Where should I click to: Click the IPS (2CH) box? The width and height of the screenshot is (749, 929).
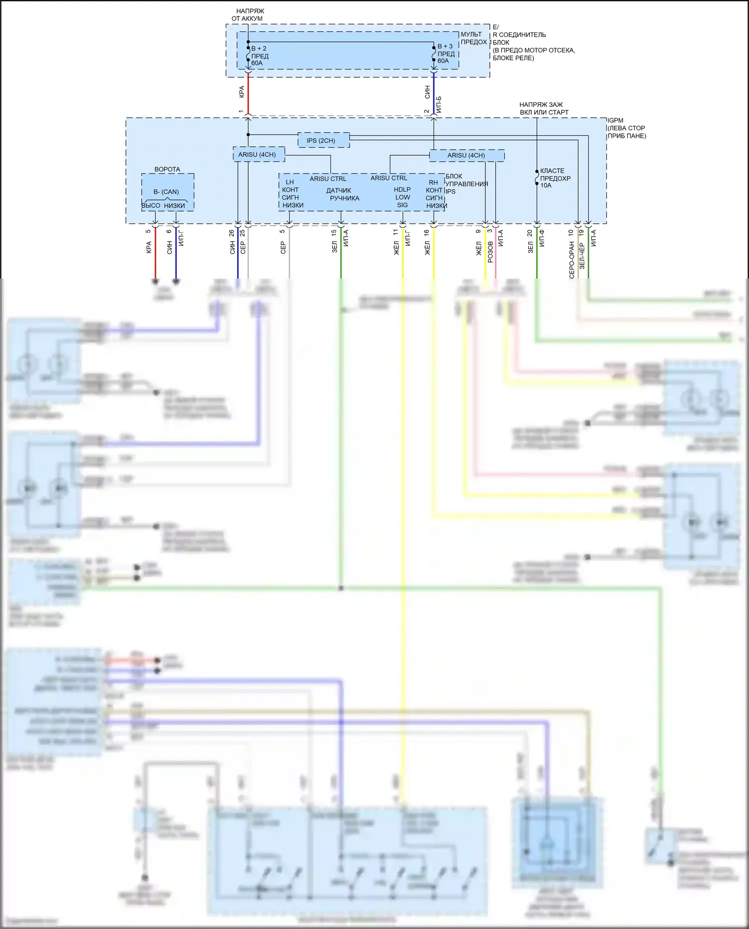(x=321, y=140)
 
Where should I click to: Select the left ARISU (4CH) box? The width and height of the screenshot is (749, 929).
(x=257, y=154)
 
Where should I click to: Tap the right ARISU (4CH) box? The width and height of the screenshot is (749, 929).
(x=466, y=155)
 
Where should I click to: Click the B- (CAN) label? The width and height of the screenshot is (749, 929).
(x=166, y=192)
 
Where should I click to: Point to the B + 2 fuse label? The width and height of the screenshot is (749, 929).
(x=259, y=48)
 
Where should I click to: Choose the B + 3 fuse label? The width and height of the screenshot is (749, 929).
(x=445, y=46)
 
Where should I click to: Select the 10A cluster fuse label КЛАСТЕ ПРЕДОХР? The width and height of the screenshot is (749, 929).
(x=555, y=178)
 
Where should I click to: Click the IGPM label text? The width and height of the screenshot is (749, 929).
(x=615, y=120)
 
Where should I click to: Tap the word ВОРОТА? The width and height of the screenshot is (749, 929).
(x=167, y=169)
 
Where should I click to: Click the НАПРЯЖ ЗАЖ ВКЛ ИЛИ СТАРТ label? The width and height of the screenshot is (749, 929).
(x=543, y=108)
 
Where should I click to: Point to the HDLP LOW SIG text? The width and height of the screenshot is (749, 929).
(x=402, y=197)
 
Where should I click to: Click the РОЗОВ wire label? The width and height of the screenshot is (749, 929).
(x=490, y=252)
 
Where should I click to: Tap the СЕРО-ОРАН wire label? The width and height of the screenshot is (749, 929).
(x=571, y=260)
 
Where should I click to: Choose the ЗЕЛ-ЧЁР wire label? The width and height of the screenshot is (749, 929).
(x=582, y=256)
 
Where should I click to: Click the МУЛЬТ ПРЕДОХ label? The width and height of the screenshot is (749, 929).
(x=473, y=38)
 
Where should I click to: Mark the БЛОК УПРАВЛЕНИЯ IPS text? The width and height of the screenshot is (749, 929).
(x=466, y=184)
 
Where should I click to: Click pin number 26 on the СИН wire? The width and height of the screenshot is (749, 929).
(x=232, y=233)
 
